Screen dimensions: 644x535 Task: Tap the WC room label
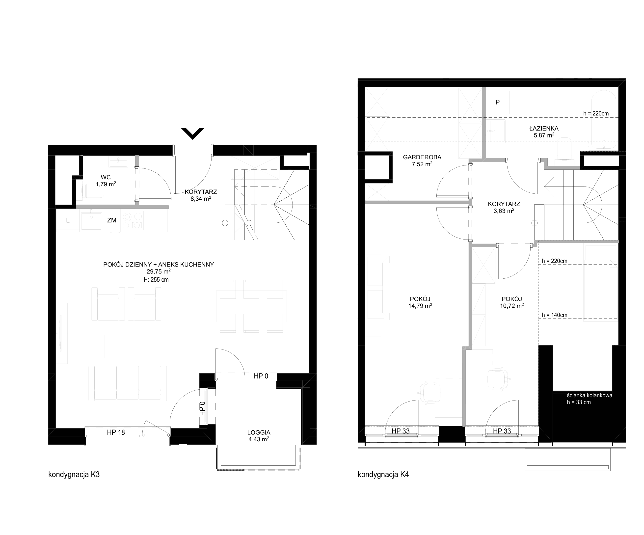[x=106, y=177]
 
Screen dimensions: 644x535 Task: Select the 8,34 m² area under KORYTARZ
[x=201, y=199]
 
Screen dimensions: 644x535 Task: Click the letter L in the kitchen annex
[x=68, y=220]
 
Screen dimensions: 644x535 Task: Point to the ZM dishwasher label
[x=112, y=220]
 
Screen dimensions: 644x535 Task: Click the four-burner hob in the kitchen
[x=132, y=220]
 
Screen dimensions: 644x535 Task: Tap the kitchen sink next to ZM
[x=91, y=220]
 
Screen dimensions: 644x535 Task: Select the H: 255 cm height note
[x=156, y=280]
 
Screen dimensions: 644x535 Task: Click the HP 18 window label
[x=116, y=432]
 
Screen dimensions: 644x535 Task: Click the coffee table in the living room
[x=128, y=346]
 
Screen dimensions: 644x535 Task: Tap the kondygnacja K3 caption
[x=74, y=475]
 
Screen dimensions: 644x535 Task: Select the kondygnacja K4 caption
[x=383, y=475]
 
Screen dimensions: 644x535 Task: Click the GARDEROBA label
[x=422, y=157]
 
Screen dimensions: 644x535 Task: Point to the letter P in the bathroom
[x=497, y=102]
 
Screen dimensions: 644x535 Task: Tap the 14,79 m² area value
[x=420, y=306]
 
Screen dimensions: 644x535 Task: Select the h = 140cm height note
[x=554, y=315]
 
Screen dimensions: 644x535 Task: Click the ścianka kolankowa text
[x=590, y=396]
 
